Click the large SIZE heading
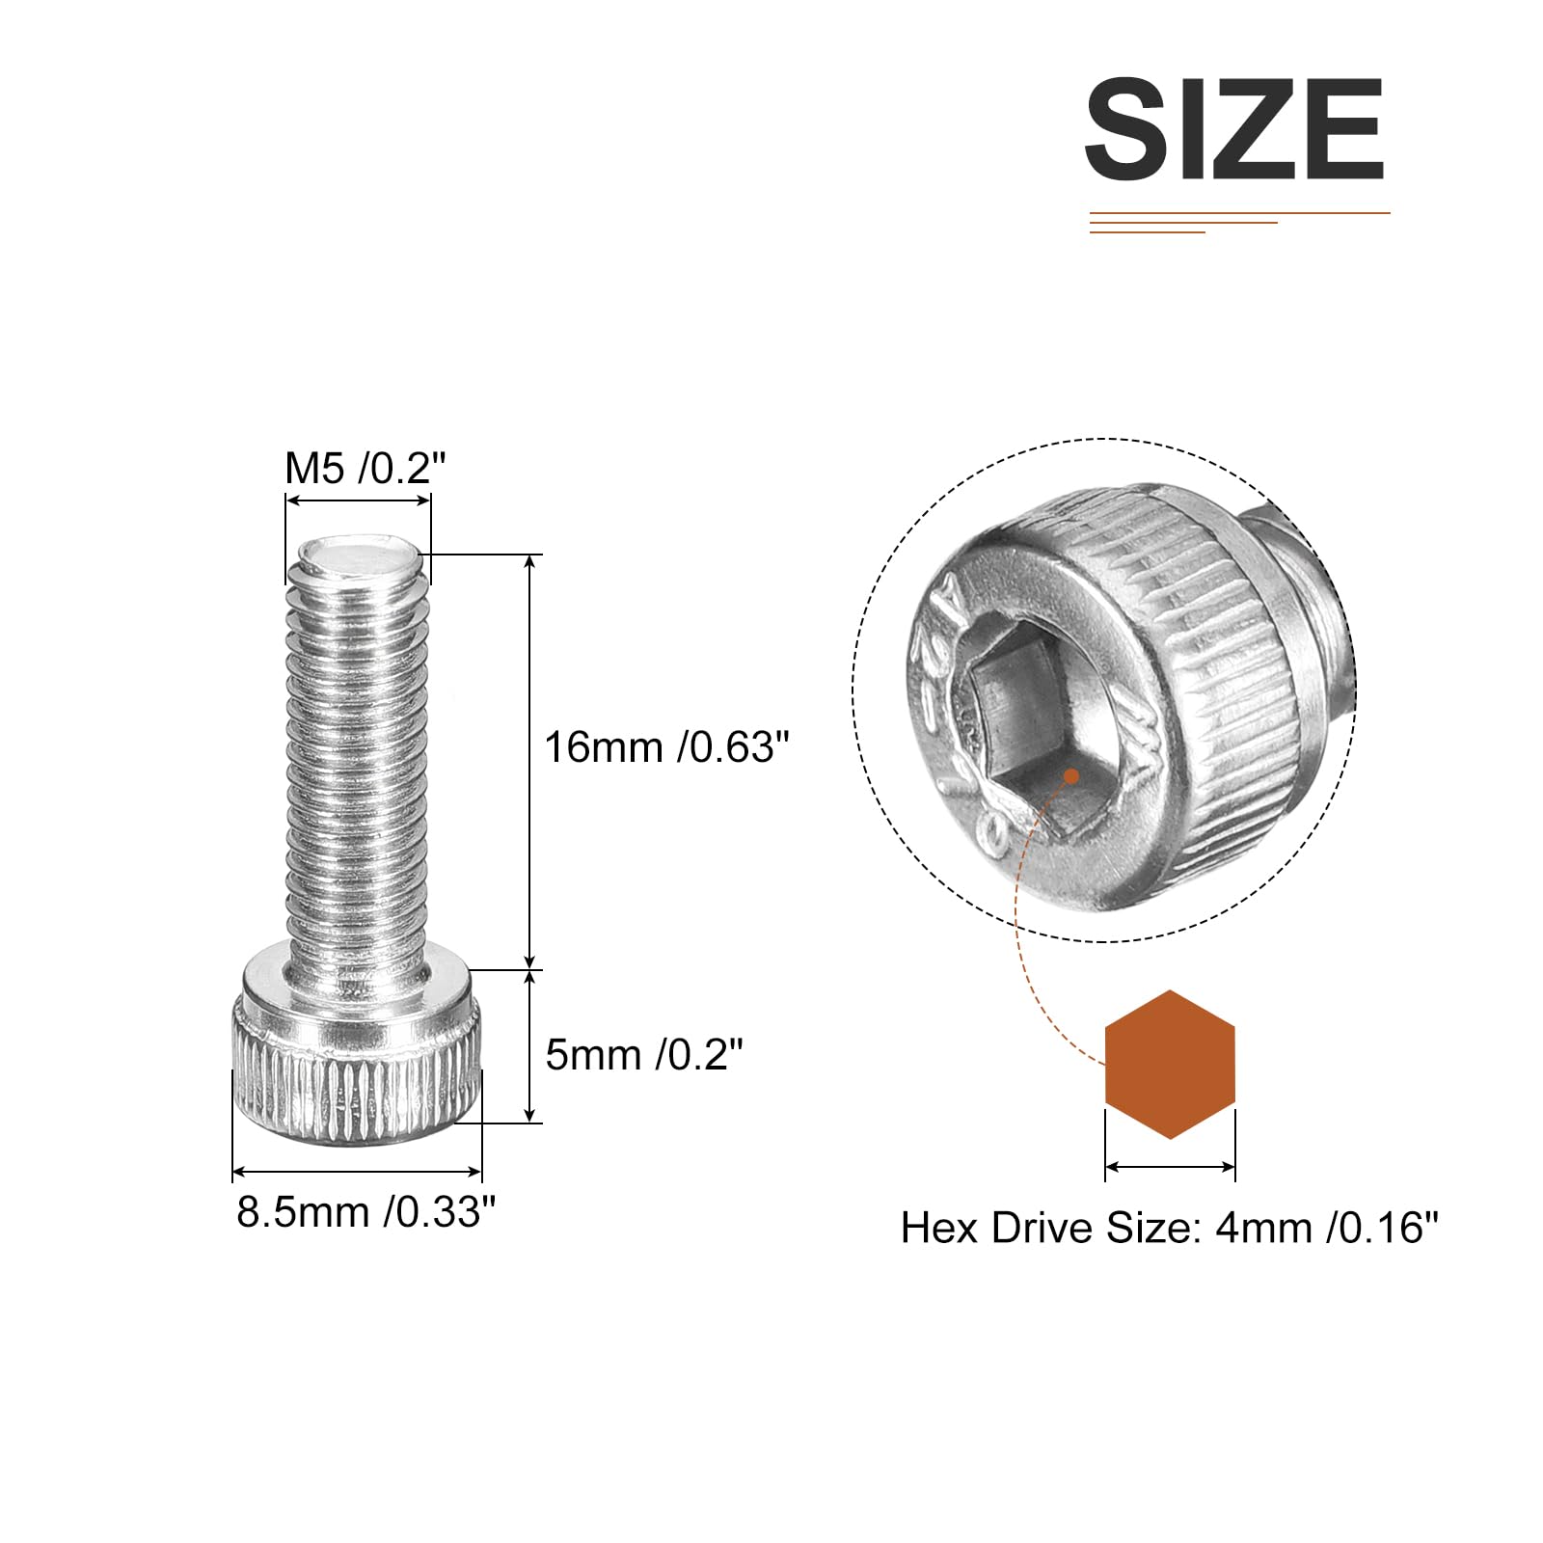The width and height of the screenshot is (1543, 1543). point(1234,130)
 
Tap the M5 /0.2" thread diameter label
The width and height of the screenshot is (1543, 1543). point(365,469)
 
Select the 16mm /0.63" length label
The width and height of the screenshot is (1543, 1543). point(667,747)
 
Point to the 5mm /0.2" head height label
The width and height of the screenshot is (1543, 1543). point(644,1055)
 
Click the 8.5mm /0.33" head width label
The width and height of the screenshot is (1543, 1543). point(366,1212)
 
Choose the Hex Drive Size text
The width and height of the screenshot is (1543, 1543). point(1169,1228)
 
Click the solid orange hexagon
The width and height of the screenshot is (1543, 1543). point(1170,1064)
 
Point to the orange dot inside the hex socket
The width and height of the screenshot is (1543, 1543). point(1070,775)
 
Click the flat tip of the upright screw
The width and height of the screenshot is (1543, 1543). point(359,557)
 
